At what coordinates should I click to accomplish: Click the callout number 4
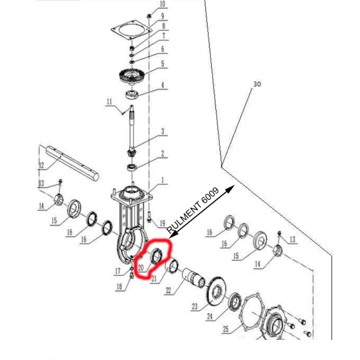[162, 85]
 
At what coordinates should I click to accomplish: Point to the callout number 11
[109, 102]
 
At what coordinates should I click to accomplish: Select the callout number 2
[162, 154]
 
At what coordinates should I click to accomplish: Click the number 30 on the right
[257, 84]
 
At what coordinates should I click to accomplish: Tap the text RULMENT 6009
[193, 212]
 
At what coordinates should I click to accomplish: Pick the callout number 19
[162, 223]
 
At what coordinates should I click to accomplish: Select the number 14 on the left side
[41, 207]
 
